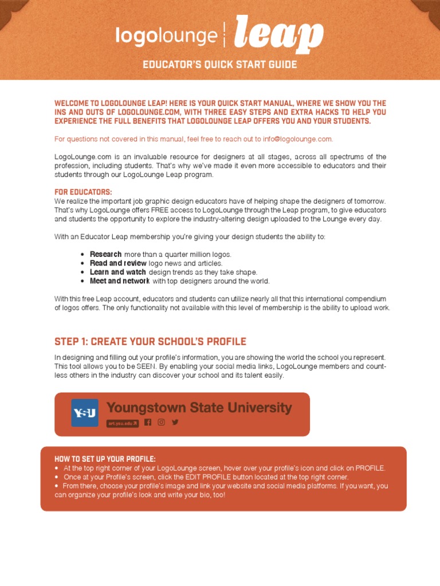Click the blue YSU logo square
click(85, 413)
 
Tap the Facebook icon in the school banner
click(148, 422)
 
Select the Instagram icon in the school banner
click(162, 422)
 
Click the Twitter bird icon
click(175, 422)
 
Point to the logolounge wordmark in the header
click(166, 36)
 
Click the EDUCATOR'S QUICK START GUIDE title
click(220, 65)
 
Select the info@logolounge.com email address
click(297, 139)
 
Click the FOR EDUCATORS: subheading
click(83, 192)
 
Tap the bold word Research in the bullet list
click(105, 254)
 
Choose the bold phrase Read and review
click(118, 263)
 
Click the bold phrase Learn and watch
click(117, 272)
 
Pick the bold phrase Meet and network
click(119, 281)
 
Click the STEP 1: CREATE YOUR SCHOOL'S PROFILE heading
click(150, 342)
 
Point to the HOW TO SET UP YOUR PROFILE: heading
click(105, 459)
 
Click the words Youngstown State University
click(199, 408)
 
